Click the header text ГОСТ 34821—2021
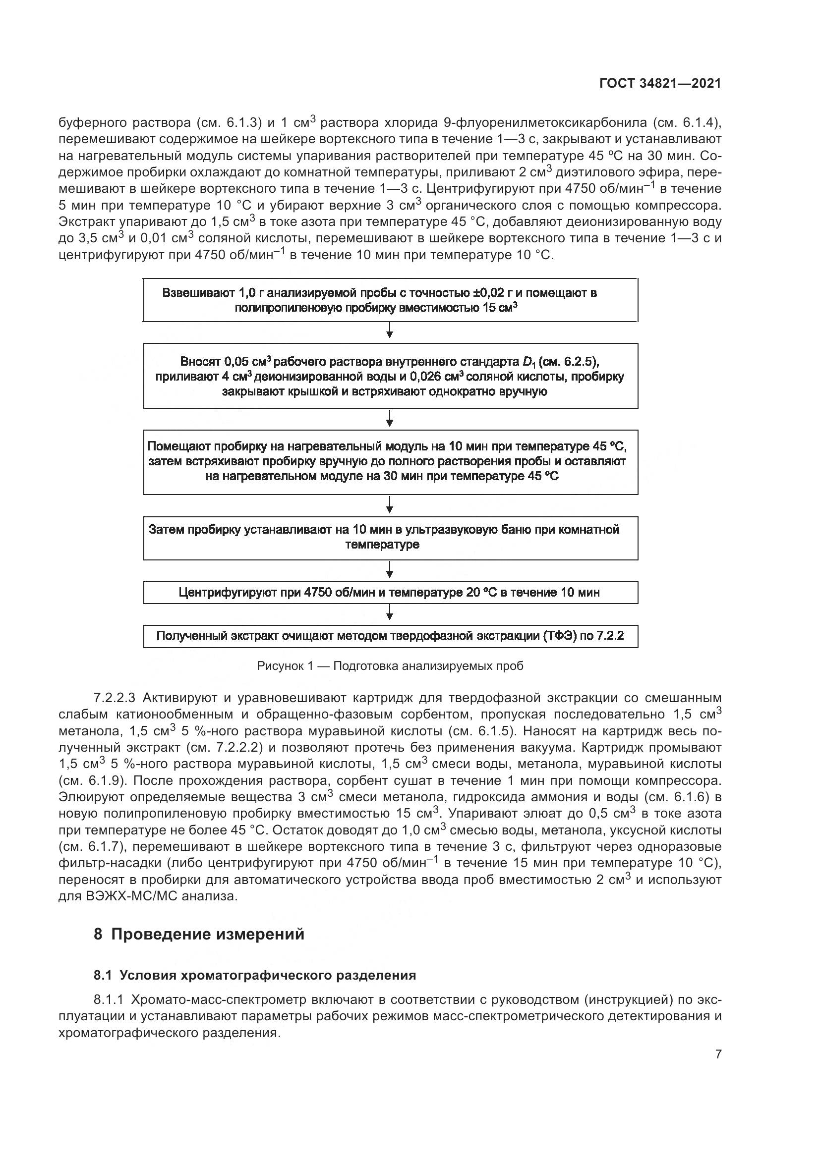point(660,84)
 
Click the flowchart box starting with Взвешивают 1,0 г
point(390,300)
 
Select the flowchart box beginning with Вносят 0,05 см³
point(390,376)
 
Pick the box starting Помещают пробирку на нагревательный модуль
point(390,461)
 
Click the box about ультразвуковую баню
point(390,538)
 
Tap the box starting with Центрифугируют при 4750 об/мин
point(390,593)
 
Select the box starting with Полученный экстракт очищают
point(390,636)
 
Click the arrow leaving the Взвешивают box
point(390,331)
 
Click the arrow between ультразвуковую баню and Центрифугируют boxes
point(390,570)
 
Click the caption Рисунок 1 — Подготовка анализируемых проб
point(390,666)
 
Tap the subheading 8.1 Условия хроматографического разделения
point(254,975)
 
